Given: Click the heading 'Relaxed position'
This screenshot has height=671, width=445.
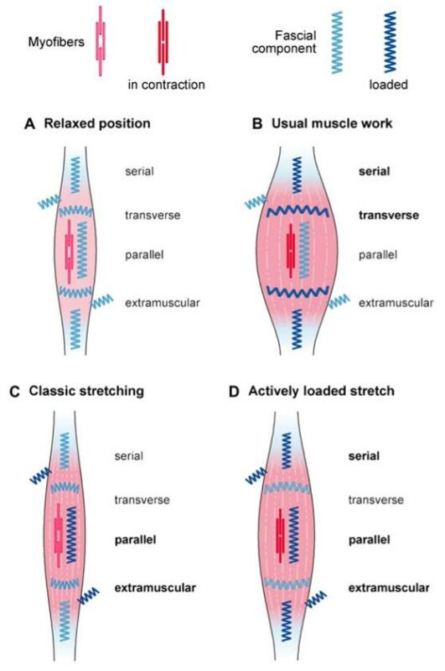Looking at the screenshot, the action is [x=97, y=123].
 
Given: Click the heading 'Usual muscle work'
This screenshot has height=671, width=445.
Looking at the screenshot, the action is [x=332, y=123].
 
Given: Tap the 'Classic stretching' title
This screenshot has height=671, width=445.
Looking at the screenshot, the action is [x=86, y=391].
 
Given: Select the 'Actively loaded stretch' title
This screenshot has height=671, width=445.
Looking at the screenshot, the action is [x=321, y=391].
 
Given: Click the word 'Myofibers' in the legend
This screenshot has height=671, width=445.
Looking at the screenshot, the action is [x=56, y=42].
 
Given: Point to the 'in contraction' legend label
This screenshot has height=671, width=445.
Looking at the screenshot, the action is [x=166, y=85].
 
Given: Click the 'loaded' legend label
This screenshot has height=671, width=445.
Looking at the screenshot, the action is [x=388, y=85].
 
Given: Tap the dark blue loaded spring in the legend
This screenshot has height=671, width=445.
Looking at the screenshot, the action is [x=390, y=42].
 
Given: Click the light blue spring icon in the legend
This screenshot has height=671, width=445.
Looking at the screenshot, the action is [x=337, y=43].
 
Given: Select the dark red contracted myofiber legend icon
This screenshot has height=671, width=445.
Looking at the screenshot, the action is [x=163, y=42].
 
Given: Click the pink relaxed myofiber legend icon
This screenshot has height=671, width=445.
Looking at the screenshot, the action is [x=101, y=41].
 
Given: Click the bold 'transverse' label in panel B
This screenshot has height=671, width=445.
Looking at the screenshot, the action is [x=389, y=215].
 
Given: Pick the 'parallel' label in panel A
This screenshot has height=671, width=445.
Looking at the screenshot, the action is [x=144, y=255].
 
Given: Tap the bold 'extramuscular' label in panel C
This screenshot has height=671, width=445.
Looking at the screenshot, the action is [x=155, y=588].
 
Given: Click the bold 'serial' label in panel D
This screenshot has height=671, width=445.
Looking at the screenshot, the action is [x=364, y=455].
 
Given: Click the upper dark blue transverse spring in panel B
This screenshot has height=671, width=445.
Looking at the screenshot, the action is [x=298, y=211].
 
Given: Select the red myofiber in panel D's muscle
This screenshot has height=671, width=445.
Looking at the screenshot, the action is [x=280, y=535].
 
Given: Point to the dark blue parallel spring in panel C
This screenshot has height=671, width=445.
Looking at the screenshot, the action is [x=71, y=534].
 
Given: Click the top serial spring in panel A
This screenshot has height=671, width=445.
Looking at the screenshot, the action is [x=75, y=174].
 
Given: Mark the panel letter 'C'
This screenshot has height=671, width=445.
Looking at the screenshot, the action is [x=14, y=392].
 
